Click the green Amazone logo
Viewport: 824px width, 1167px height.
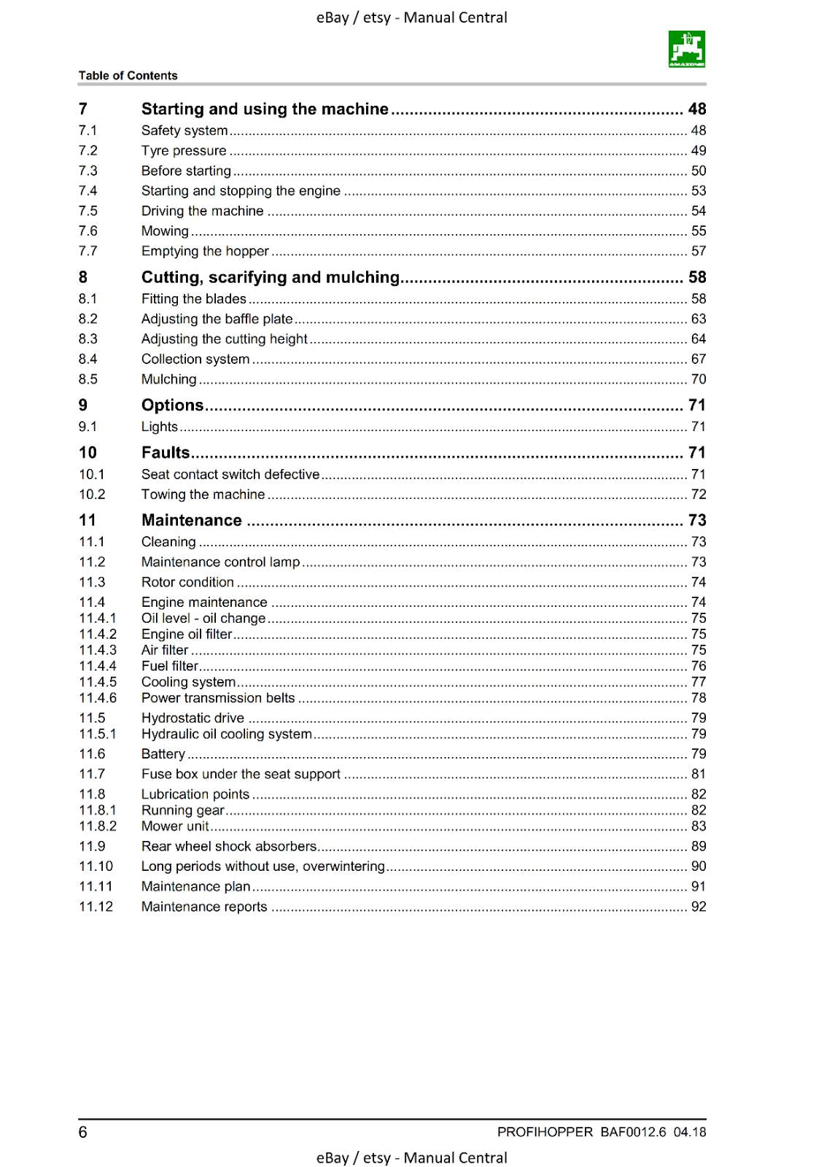click(x=686, y=49)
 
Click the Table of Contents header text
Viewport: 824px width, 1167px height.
click(x=128, y=75)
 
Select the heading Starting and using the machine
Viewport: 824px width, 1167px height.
click(x=264, y=109)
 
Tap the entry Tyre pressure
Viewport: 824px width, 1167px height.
click(x=184, y=150)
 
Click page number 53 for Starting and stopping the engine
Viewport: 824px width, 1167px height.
click(x=698, y=190)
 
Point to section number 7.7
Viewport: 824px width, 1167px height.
click(x=88, y=251)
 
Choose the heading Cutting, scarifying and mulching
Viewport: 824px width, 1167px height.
click(x=270, y=277)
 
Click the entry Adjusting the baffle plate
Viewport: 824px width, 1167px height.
click(x=217, y=319)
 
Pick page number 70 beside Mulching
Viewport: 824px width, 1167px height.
click(x=698, y=379)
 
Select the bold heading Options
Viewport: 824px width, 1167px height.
click(x=172, y=405)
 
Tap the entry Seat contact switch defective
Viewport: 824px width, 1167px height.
click(x=230, y=474)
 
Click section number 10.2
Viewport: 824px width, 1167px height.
click(x=92, y=495)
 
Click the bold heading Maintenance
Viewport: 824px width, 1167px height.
click(x=191, y=520)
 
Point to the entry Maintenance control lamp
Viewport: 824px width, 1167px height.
click(x=220, y=562)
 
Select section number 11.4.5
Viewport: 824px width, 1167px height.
click(x=97, y=682)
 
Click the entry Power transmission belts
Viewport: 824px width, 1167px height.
click(x=217, y=698)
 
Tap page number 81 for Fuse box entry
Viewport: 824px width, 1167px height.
click(x=698, y=774)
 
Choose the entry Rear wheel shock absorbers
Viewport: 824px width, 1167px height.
click(x=228, y=846)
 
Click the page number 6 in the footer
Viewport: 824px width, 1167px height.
click(x=82, y=1132)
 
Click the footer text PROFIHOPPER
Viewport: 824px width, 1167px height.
click(x=545, y=1132)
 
